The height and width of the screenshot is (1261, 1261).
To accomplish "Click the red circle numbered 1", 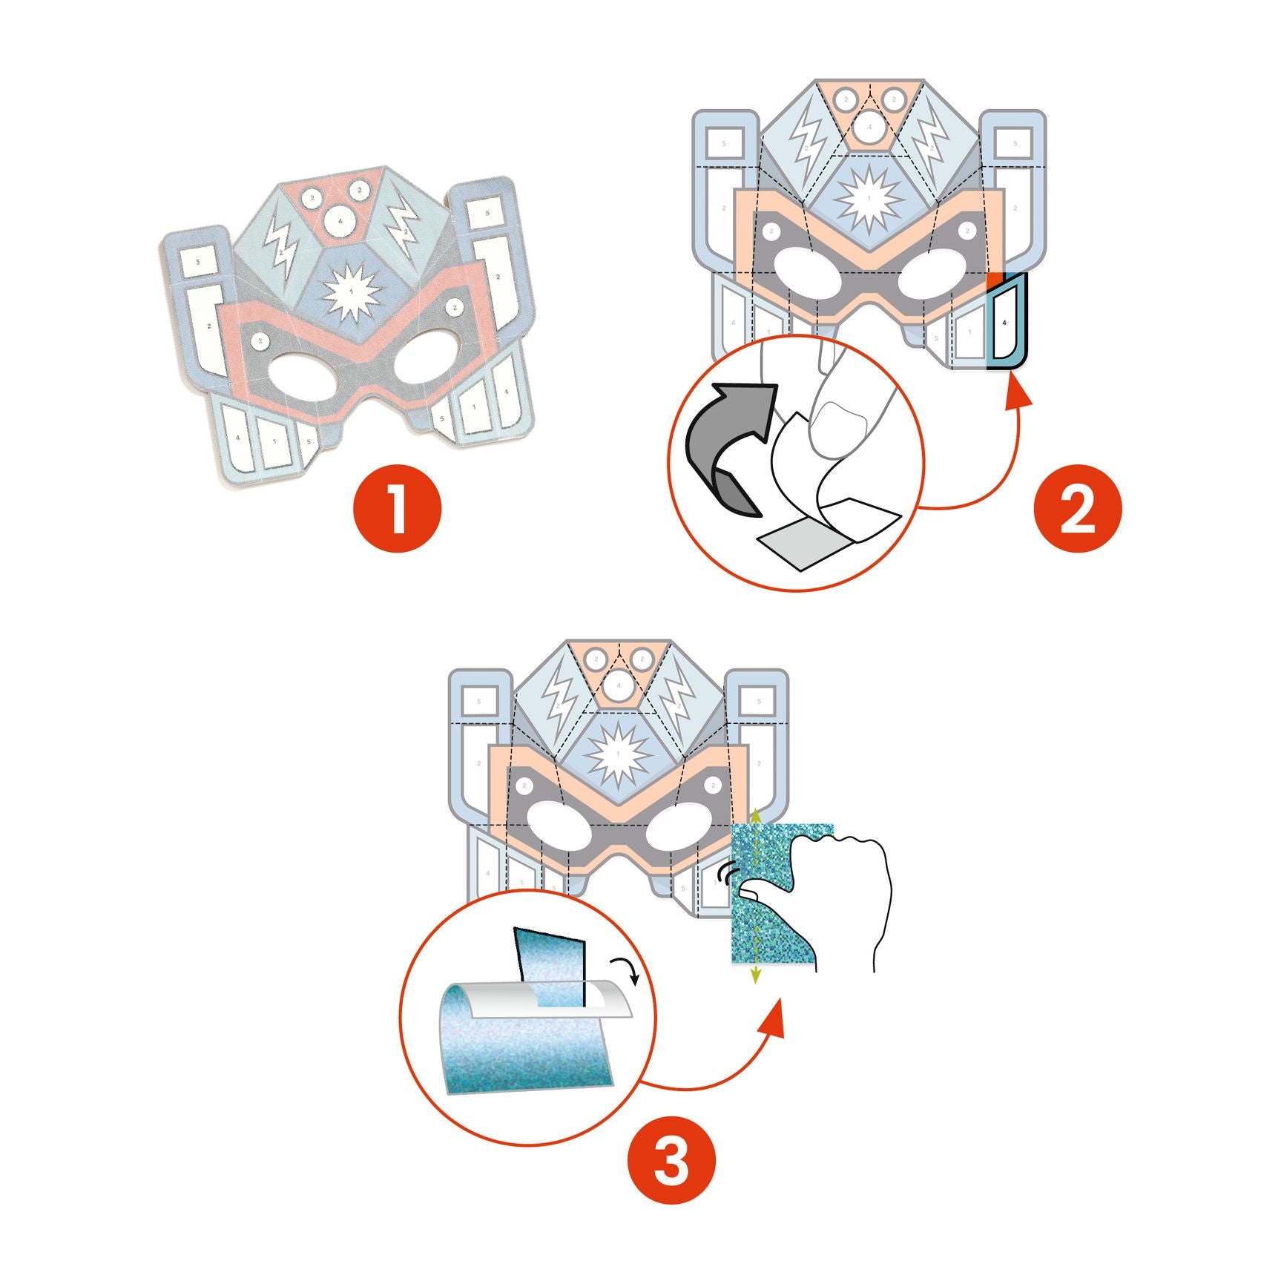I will coord(397,508).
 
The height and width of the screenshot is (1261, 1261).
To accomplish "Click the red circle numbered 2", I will coord(1077,508).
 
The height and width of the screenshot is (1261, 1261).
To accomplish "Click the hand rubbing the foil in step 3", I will coord(846,890).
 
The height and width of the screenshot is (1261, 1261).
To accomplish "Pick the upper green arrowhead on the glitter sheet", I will coord(755,814).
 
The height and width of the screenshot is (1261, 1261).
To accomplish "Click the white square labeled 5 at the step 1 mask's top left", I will coord(198,261).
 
